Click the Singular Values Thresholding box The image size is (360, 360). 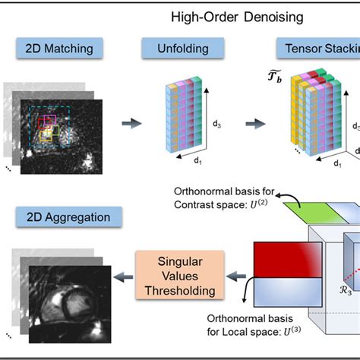pos(174,274)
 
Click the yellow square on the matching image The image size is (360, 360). pos(47,135)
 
